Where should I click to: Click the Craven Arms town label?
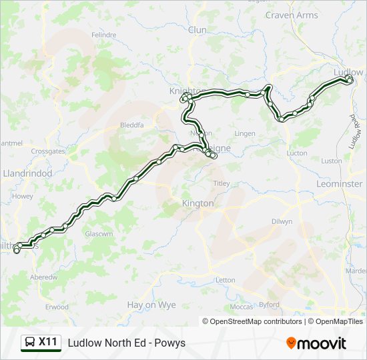(x=292, y=15)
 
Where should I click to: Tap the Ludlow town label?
(x=348, y=71)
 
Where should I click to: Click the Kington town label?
(x=198, y=203)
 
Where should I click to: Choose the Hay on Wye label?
(x=151, y=305)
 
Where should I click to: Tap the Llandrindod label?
(x=27, y=173)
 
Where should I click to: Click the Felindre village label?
(x=103, y=35)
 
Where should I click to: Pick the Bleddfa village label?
(x=131, y=125)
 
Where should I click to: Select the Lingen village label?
(x=245, y=133)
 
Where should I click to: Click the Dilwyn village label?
(x=282, y=221)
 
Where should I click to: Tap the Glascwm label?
(x=97, y=234)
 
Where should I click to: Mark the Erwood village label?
(x=57, y=307)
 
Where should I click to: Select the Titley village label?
(x=221, y=183)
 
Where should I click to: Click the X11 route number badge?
(x=47, y=342)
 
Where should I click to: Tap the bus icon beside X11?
(x=31, y=343)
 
